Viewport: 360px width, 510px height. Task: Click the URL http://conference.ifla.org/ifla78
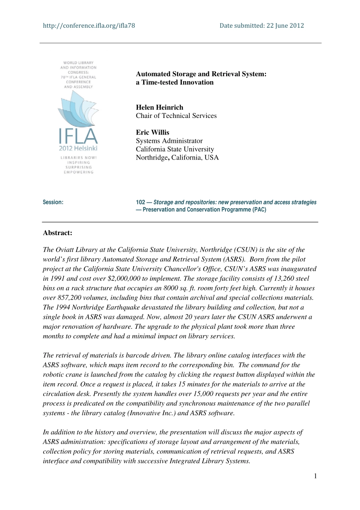click(89, 26)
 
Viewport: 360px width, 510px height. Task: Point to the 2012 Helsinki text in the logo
click(78, 148)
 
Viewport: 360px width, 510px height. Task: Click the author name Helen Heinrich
click(160, 107)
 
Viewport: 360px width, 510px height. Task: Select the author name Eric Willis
click(153, 132)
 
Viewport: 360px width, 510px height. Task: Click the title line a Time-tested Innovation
click(175, 82)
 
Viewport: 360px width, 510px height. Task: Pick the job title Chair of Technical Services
click(176, 116)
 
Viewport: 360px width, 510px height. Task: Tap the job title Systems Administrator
click(169, 141)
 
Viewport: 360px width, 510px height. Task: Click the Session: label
click(53, 202)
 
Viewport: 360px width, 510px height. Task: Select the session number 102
click(141, 202)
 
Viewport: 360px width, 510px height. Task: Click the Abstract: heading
click(58, 233)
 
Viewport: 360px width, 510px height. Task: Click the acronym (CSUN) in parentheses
click(246, 250)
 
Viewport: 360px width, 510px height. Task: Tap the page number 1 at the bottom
click(315, 476)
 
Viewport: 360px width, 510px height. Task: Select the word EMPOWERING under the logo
click(78, 172)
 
